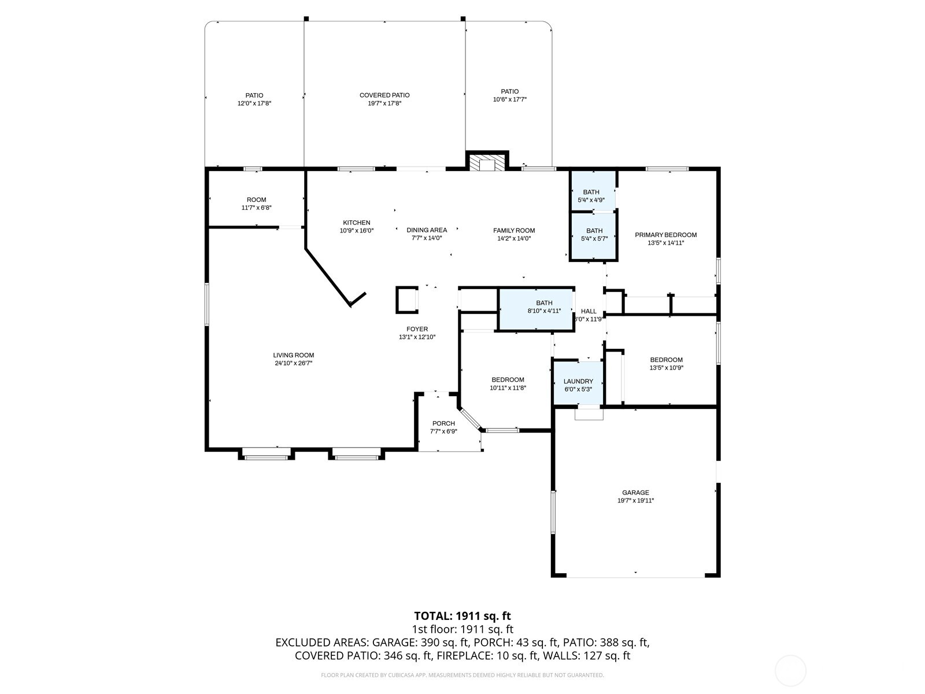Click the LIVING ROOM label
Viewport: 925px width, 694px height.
[294, 356]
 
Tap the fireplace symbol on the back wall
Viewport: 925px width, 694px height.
[487, 163]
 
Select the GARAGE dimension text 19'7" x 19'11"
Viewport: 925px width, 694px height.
[635, 501]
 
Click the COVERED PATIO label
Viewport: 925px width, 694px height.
[384, 95]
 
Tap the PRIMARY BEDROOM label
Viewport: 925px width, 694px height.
[665, 235]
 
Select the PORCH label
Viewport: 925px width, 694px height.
[443, 423]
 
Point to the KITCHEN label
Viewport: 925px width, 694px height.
[357, 223]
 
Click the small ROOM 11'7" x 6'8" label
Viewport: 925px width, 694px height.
[256, 200]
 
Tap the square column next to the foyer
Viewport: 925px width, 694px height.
[406, 300]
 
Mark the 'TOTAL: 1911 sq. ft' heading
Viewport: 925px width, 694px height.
[462, 616]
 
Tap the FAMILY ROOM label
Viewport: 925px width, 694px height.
[514, 230]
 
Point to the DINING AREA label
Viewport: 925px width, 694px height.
[427, 230]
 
